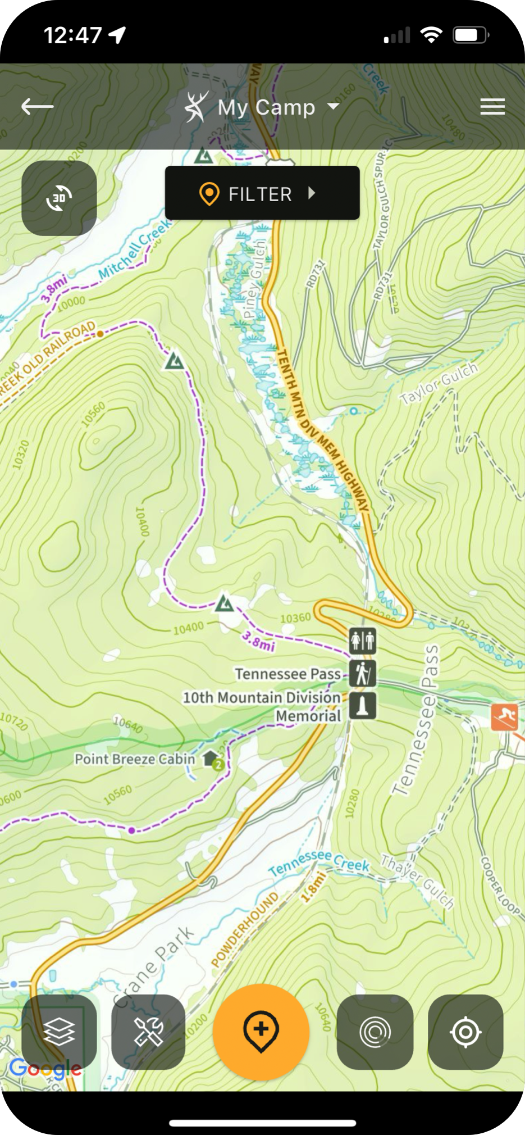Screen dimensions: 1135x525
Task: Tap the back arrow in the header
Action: pos(37,106)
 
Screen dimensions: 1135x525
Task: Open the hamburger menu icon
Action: pos(492,106)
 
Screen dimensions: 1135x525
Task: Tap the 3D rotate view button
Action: pos(59,198)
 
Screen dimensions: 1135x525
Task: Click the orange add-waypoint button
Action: pos(261,1032)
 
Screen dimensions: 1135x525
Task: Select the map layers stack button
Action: pos(59,1032)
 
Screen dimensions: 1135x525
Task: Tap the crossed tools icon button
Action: pos(148,1032)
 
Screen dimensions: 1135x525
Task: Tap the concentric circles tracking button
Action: pos(375,1032)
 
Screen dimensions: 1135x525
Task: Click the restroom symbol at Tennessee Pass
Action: pos(363,640)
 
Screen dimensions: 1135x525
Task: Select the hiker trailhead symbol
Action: pos(363,673)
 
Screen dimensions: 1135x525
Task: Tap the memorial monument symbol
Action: pos(363,706)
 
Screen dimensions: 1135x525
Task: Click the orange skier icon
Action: pos(505,716)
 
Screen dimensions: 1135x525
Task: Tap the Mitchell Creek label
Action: pos(135,249)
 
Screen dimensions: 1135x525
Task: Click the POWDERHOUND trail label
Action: pos(245,929)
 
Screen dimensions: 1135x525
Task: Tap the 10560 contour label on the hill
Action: pos(93,415)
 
